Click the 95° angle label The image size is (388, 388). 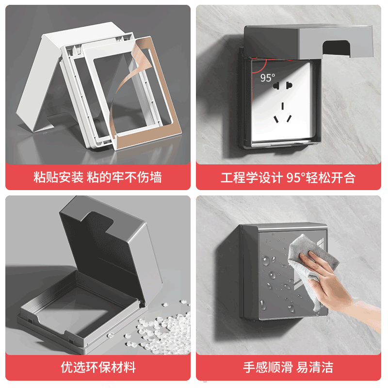267,78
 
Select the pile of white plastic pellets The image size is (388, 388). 165,330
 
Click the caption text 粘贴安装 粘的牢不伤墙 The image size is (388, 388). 97,177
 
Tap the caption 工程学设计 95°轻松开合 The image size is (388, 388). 288,177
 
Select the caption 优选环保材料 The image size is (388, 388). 98,367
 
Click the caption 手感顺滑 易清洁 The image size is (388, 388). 288,367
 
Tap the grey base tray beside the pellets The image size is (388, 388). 73,310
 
